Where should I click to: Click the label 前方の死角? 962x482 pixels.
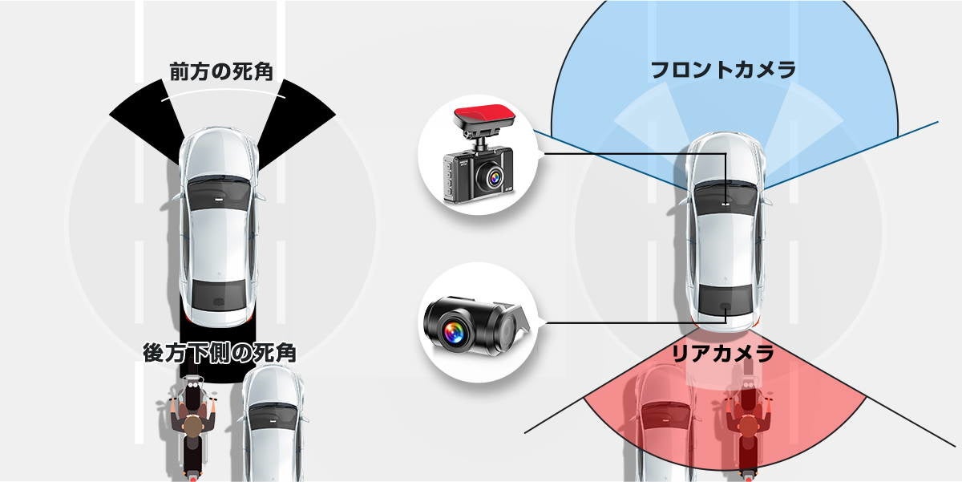coord(221,71)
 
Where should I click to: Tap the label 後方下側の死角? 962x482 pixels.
coord(219,353)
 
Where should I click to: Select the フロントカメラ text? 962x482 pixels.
coord(722,70)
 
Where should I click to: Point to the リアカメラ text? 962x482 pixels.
coord(722,353)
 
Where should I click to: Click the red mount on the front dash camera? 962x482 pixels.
coord(483,119)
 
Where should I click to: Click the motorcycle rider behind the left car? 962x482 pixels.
coord(192,429)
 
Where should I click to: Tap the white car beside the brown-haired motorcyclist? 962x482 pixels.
coord(273,425)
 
